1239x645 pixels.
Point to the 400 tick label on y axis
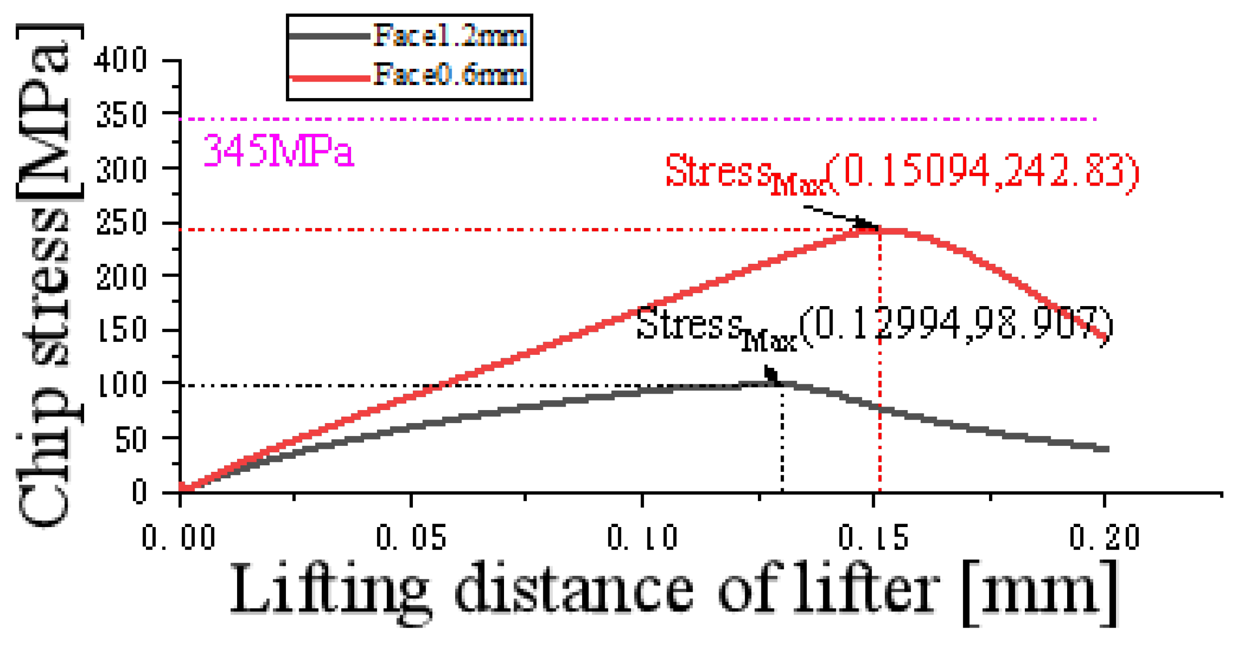(x=121, y=60)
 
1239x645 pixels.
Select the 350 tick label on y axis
(x=121, y=115)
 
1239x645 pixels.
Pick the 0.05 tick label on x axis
(x=411, y=538)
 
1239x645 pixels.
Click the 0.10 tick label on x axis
(x=642, y=538)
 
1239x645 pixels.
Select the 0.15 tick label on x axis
(x=873, y=538)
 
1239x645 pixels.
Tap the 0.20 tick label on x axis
(x=1105, y=538)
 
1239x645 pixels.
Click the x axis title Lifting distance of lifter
(x=672, y=592)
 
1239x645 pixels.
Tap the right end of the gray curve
(x=1107, y=449)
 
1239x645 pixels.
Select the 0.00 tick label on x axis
(x=179, y=538)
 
